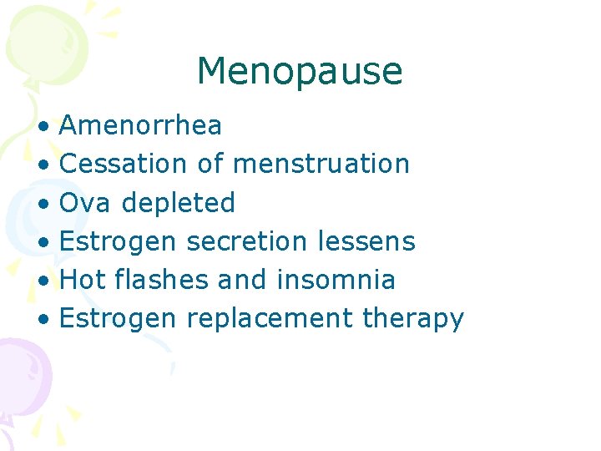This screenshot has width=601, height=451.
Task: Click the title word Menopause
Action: click(300, 72)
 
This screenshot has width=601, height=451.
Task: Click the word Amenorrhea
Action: click(141, 125)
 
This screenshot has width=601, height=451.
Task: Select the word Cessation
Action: click(124, 164)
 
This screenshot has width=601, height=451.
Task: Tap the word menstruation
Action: click(321, 164)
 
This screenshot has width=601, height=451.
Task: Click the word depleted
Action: click(179, 203)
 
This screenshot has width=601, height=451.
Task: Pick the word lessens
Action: click(366, 241)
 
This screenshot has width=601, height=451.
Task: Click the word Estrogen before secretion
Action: click(119, 242)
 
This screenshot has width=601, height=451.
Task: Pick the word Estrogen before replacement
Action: click(119, 319)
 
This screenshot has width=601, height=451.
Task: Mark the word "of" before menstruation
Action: click(210, 164)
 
